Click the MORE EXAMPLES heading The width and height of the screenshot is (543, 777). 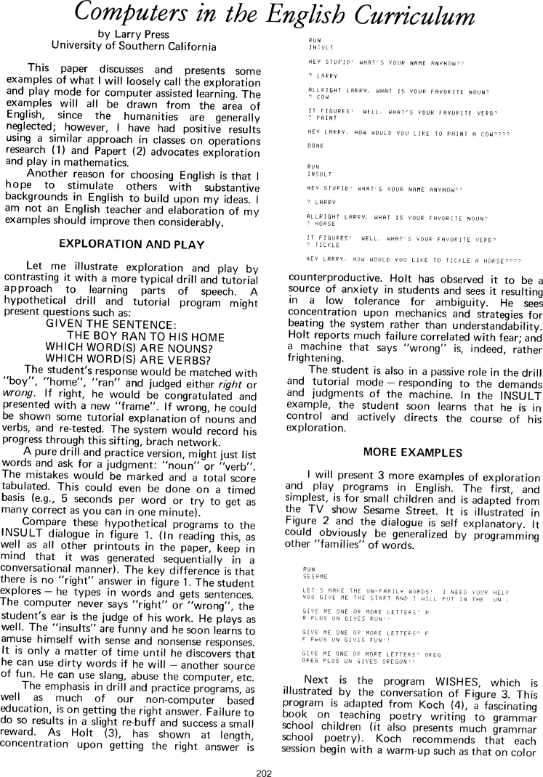coord(414,452)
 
